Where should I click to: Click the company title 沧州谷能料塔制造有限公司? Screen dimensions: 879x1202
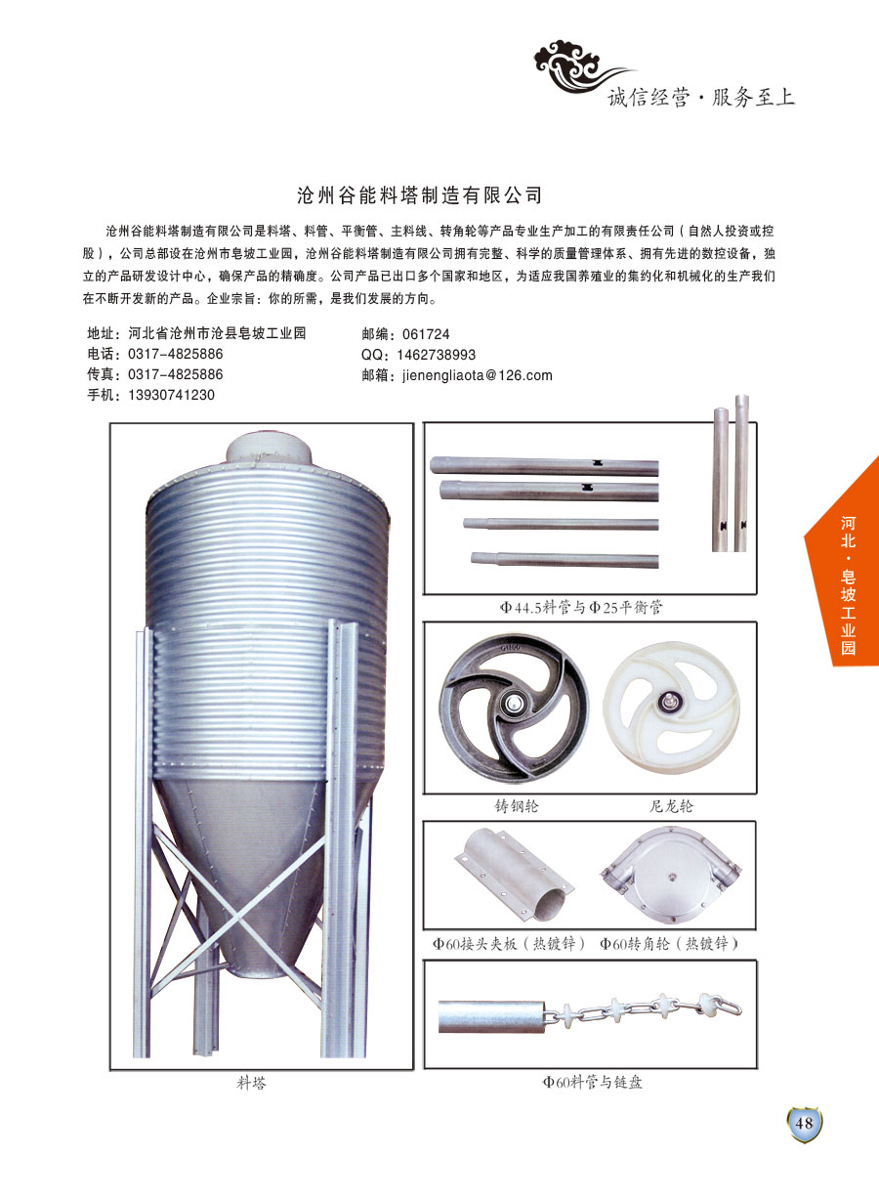pyautogui.click(x=419, y=195)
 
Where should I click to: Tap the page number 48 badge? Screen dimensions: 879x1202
pyautogui.click(x=804, y=1123)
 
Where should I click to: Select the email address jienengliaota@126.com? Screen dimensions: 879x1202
pyautogui.click(x=478, y=375)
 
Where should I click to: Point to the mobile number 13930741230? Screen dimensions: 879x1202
pyautogui.click(x=171, y=395)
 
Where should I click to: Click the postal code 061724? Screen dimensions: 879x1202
pyautogui.click(x=426, y=334)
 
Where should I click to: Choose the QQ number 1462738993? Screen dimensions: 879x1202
pyautogui.click(x=436, y=355)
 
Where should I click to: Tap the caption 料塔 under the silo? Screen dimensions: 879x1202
pyautogui.click(x=252, y=1083)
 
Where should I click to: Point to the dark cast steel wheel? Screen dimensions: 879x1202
pyautogui.click(x=514, y=708)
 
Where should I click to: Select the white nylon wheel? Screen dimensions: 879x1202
pyautogui.click(x=671, y=708)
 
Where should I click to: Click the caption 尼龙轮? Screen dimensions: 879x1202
pyautogui.click(x=671, y=806)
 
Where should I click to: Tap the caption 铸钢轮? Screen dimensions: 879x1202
pyautogui.click(x=517, y=806)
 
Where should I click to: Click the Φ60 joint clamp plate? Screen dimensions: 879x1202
pyautogui.click(x=515, y=877)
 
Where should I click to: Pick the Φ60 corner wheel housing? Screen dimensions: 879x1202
pyautogui.click(x=671, y=876)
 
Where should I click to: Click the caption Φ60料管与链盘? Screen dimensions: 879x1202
pyautogui.click(x=592, y=1082)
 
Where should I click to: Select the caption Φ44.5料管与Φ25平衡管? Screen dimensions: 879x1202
pyautogui.click(x=581, y=608)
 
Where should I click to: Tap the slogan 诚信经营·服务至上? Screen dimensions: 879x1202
pyautogui.click(x=700, y=98)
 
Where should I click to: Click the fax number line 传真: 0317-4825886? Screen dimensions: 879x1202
pyautogui.click(x=155, y=374)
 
